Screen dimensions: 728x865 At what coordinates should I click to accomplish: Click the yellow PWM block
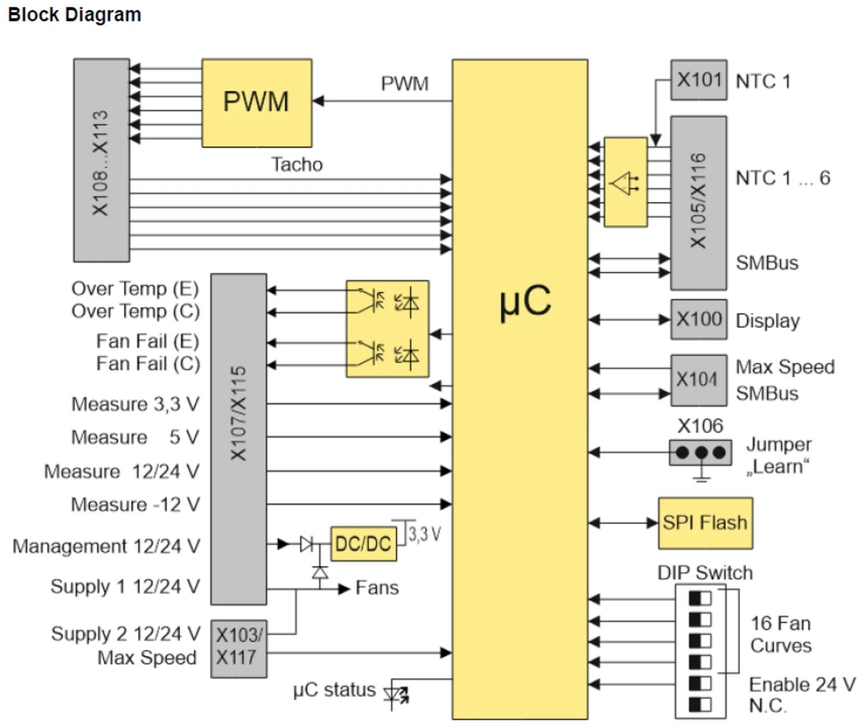[257, 103]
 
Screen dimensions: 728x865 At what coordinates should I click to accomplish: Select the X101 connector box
[698, 80]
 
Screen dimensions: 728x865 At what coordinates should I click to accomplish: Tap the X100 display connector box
[698, 319]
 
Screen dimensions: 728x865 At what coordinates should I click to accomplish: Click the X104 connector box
[698, 380]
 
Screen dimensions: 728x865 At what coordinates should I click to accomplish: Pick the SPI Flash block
[705, 523]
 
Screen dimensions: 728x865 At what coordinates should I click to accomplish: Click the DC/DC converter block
[363, 543]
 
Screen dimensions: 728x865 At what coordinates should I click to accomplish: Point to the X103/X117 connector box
[238, 648]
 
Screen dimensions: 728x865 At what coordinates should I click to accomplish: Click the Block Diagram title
[74, 14]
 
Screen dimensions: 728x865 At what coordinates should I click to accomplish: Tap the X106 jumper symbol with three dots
[700, 453]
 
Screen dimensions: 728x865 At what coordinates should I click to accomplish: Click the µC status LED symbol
[397, 695]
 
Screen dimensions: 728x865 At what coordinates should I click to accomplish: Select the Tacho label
[297, 165]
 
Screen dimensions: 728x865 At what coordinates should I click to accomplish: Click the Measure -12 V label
[135, 505]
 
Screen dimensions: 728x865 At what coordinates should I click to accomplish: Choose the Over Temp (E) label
[135, 288]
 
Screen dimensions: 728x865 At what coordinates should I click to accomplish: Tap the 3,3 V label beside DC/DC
[424, 534]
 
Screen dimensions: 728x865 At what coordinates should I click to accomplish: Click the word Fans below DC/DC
[377, 588]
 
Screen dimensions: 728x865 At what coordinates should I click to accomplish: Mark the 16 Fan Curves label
[780, 634]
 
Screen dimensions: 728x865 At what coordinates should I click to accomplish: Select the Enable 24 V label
[802, 685]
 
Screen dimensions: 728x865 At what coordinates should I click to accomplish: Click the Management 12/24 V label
[106, 546]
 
